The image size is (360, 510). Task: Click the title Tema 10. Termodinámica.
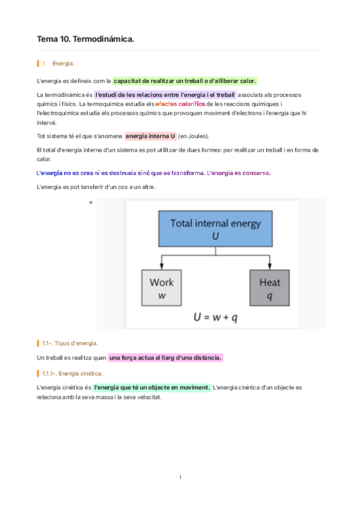tap(85, 39)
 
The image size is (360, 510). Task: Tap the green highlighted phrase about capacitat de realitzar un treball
tap(185, 81)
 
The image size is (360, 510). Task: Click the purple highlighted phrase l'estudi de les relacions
tap(165, 95)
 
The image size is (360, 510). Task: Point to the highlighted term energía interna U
tap(150, 135)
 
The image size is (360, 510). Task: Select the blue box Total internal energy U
tap(215, 229)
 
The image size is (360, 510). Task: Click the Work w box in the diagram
tap(161, 288)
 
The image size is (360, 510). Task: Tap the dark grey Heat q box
tap(270, 288)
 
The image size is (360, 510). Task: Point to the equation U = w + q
tap(215, 317)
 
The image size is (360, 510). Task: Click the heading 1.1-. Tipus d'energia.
tap(70, 343)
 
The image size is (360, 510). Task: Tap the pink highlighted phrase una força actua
tap(165, 358)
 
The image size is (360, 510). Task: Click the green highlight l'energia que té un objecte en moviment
tap(152, 387)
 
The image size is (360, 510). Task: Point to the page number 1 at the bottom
tap(180, 478)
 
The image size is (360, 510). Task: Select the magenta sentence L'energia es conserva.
tap(239, 173)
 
